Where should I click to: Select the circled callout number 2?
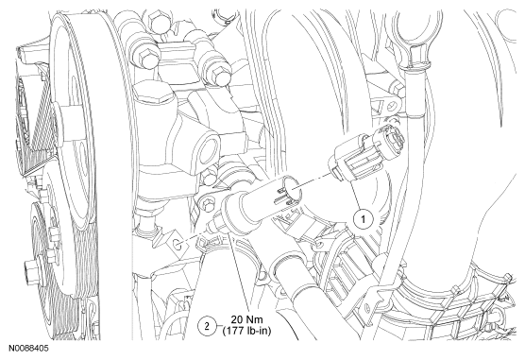[x=207, y=325]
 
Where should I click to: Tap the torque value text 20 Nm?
[x=246, y=319]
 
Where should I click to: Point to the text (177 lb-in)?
[x=246, y=331]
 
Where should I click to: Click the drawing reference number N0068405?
[x=28, y=349]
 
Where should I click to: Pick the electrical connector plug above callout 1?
[x=366, y=151]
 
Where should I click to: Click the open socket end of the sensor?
[x=291, y=186]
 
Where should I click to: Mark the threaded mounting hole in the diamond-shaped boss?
[x=178, y=245]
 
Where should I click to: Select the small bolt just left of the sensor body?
[x=205, y=203]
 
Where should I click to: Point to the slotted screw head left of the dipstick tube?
[x=392, y=107]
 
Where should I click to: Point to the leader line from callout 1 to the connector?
[x=355, y=196]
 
